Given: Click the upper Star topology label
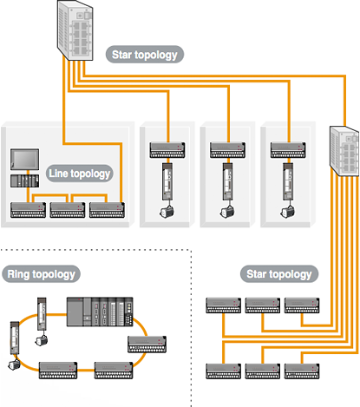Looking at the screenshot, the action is [145, 55].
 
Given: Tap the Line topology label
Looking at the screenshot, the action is [80, 174].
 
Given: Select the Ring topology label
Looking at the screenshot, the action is [42, 274].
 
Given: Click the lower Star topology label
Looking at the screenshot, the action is [279, 274].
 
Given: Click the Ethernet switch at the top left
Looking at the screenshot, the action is [75, 30].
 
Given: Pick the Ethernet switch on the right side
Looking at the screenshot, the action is [344, 151].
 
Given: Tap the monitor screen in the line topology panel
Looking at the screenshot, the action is [25, 160].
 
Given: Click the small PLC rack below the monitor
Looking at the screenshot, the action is [25, 181].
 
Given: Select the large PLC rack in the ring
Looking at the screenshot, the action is [100, 312].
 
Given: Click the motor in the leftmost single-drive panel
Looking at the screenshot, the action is [167, 211].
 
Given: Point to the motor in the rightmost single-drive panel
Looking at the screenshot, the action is [287, 211].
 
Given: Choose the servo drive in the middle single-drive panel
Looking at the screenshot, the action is [227, 181].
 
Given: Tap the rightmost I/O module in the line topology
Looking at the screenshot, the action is [107, 210].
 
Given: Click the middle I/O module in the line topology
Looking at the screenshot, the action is [68, 210].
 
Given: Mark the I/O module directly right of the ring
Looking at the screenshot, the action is [147, 345].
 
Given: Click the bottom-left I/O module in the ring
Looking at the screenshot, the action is [58, 371].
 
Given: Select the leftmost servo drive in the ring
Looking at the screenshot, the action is [15, 338].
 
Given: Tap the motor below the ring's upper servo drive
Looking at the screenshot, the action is [42, 340].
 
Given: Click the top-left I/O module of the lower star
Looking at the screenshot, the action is [223, 305].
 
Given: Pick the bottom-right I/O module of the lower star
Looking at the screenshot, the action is [302, 371].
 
